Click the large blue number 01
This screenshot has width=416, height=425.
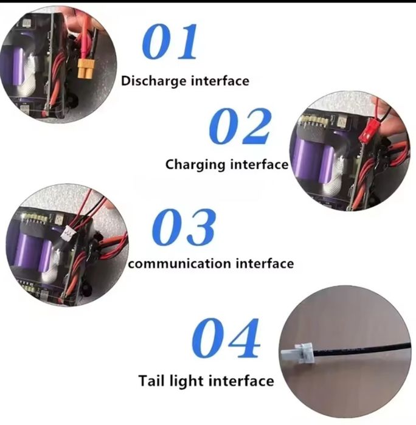[x=170, y=41]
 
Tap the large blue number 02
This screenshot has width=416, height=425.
[x=240, y=126]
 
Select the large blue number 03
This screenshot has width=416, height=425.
[x=184, y=227]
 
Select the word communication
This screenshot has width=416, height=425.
[x=179, y=263]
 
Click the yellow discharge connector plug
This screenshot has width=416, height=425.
[x=86, y=69]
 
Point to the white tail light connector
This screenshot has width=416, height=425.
[x=297, y=353]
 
